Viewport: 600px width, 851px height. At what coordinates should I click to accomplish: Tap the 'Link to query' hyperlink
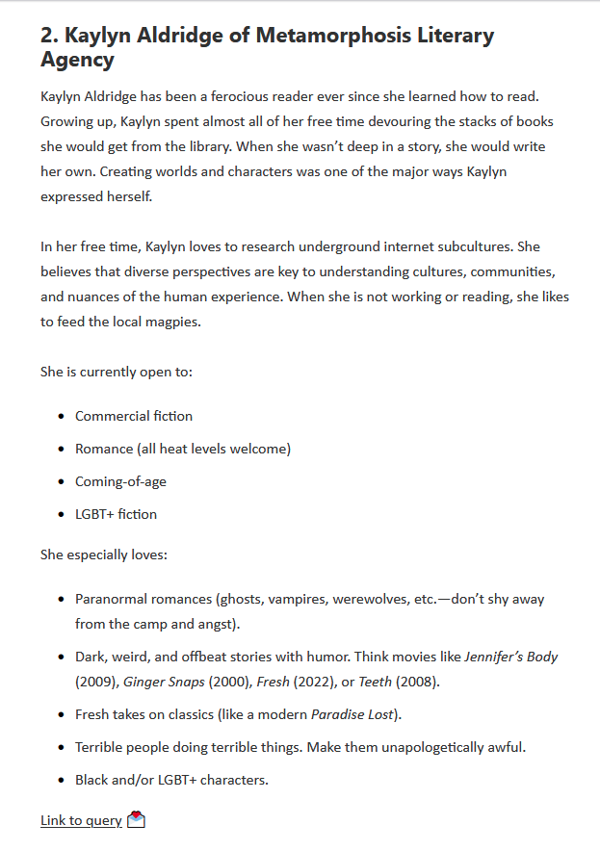pyautogui.click(x=81, y=820)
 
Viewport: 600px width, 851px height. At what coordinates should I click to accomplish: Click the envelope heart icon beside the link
pyautogui.click(x=136, y=820)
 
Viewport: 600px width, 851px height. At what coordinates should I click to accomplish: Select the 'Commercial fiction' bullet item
pyautogui.click(x=134, y=416)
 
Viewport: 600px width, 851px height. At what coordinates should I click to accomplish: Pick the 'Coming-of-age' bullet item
pyautogui.click(x=120, y=481)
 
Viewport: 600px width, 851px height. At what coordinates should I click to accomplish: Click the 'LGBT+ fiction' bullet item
pyautogui.click(x=116, y=514)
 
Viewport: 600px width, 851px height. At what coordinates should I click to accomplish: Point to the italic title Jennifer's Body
pyautogui.click(x=511, y=657)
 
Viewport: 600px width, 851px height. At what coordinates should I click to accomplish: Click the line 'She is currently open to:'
pyautogui.click(x=117, y=370)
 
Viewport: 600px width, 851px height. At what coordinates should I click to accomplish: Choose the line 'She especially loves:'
pyautogui.click(x=103, y=554)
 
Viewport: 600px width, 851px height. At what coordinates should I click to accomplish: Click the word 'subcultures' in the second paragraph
pyautogui.click(x=482, y=246)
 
